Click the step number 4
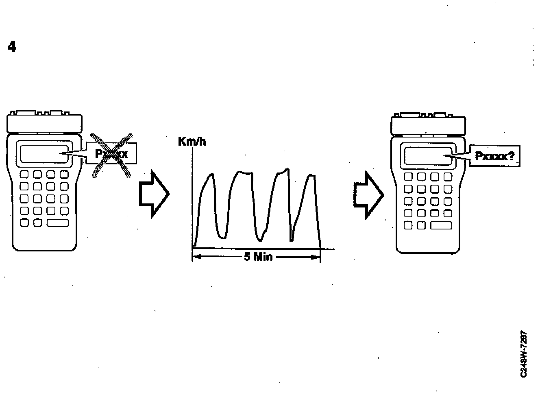coord(12,47)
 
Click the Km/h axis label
coord(192,142)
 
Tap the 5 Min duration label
coord(258,257)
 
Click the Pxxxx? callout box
coord(495,156)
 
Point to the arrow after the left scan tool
coord(154,194)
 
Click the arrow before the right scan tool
coord(368,194)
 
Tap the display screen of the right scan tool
coord(428,156)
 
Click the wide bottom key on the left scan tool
coord(58,223)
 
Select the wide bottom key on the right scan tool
coord(441,225)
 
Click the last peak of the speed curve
coord(311,176)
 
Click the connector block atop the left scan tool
coord(44,122)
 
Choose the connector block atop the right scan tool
coord(428,125)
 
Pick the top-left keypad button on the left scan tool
coord(24,175)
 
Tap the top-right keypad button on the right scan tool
coord(448,177)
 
